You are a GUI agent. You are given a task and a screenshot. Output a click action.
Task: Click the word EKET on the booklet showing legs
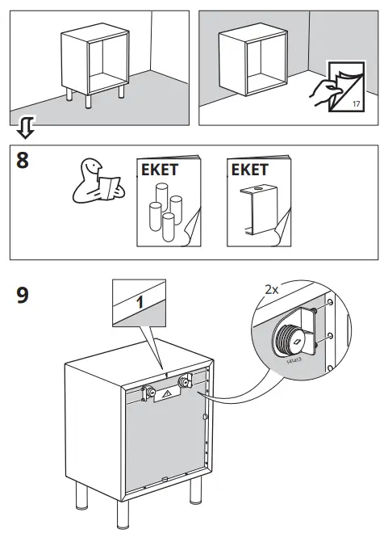pos(159,170)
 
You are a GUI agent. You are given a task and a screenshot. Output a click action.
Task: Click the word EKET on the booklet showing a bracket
pos(249,170)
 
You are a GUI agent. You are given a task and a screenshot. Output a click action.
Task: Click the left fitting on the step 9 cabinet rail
pos(149,392)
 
